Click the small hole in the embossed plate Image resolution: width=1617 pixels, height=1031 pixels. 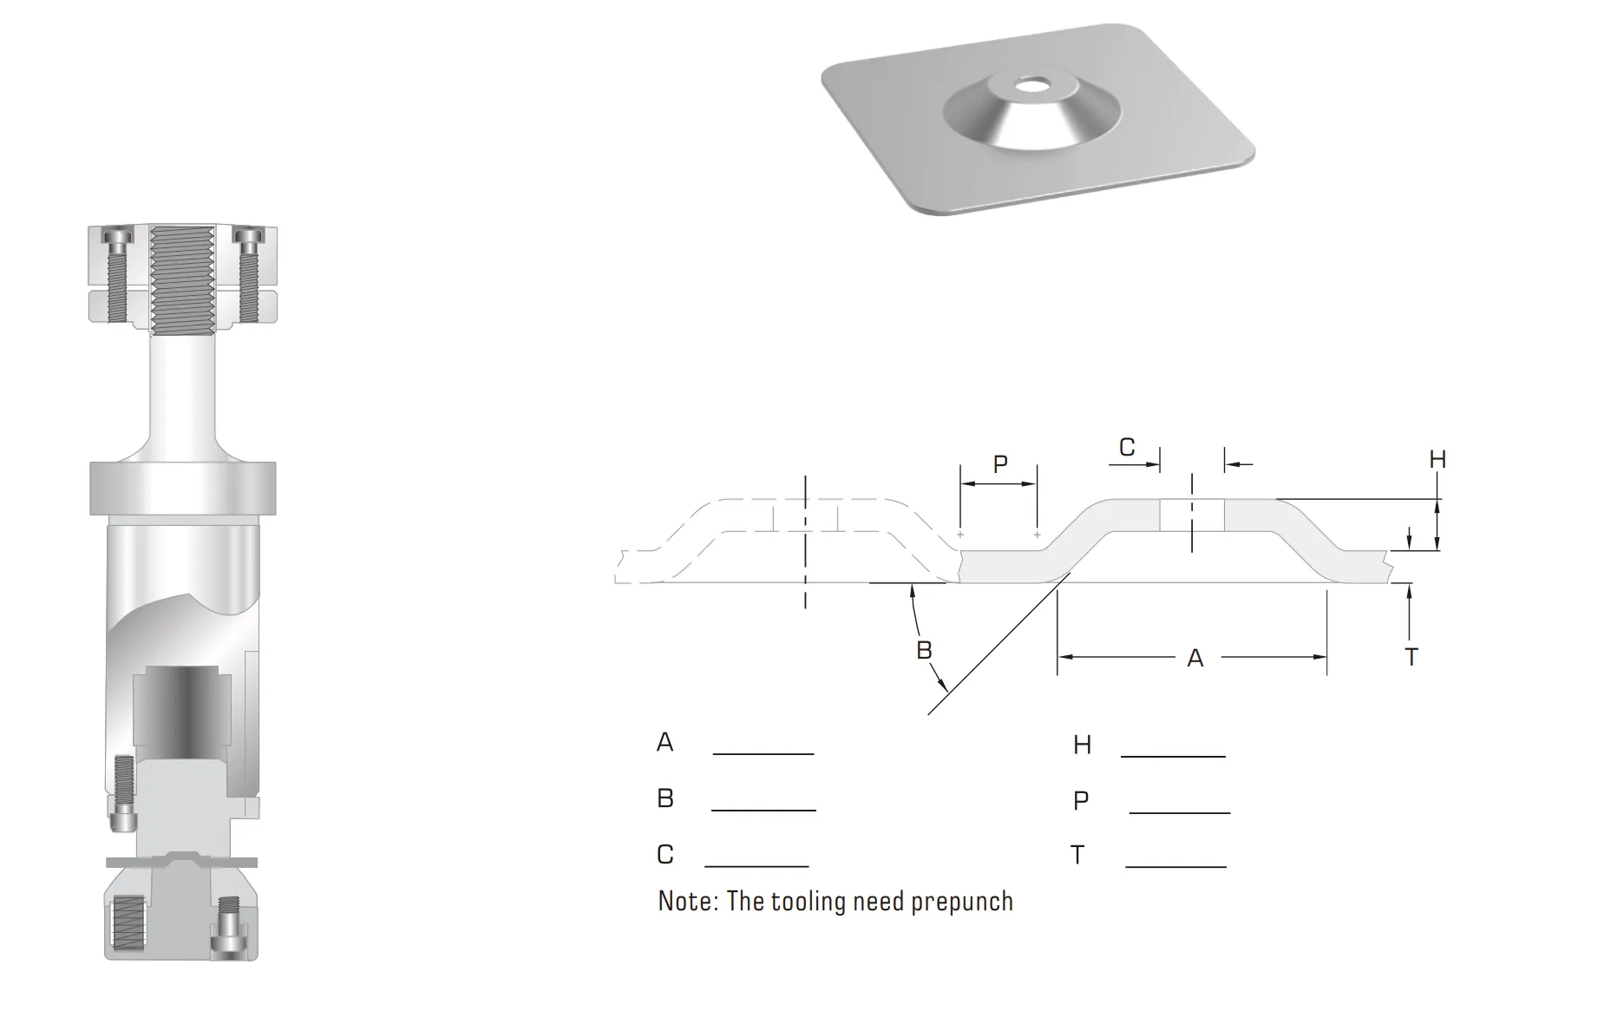1032,85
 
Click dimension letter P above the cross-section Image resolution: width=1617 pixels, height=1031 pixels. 1000,464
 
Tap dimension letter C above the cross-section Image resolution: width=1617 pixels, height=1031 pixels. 1127,447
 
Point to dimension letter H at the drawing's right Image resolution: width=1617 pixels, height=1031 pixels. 1437,459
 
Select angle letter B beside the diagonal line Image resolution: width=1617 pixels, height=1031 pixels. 924,650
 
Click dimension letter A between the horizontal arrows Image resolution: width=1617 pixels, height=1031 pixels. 1195,658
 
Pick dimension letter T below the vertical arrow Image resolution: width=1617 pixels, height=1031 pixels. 1411,657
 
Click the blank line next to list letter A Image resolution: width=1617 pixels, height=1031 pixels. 763,753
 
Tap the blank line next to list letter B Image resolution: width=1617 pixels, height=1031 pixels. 763,810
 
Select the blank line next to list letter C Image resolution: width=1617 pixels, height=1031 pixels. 756,866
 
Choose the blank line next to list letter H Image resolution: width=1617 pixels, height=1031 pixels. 1173,756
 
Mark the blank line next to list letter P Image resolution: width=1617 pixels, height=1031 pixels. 1180,812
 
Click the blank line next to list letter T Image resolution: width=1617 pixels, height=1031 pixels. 1176,866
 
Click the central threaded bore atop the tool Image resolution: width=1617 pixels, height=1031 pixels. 182,280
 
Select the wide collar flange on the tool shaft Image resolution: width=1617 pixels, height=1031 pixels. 183,489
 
